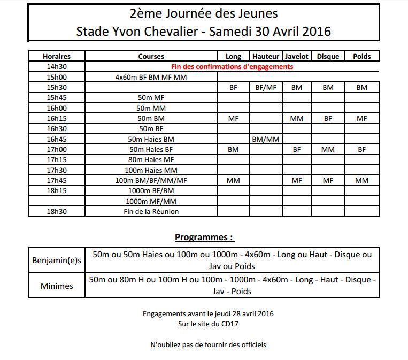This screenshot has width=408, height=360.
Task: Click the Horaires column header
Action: point(56,56)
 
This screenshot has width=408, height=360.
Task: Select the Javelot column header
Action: point(296,56)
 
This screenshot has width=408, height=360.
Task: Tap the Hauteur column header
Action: point(266,56)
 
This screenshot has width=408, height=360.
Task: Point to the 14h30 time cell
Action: point(56,67)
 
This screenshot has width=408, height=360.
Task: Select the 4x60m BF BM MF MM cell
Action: point(151,77)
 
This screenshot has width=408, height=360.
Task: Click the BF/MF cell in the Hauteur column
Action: point(266,87)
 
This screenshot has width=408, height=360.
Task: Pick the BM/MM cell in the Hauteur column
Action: point(266,139)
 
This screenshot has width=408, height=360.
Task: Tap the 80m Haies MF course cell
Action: point(151,159)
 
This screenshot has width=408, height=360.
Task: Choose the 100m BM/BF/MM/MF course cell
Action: point(151,180)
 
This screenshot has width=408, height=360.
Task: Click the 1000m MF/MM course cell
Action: point(151,201)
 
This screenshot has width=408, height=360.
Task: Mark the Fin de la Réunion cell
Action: point(151,211)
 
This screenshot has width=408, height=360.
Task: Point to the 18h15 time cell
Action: point(56,190)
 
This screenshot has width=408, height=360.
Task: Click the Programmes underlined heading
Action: point(204,238)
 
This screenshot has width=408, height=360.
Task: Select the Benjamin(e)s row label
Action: point(57,261)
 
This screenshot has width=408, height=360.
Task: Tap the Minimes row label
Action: point(57,286)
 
